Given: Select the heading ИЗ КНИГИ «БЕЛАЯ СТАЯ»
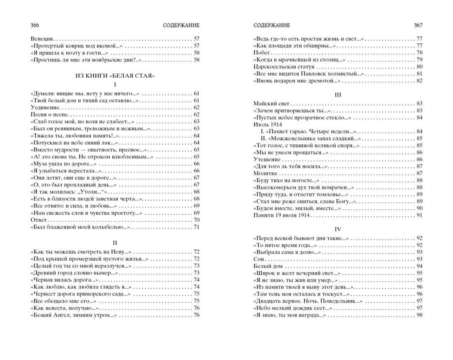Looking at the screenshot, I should point(115,76).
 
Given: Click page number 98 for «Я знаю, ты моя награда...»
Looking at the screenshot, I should point(419,315).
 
